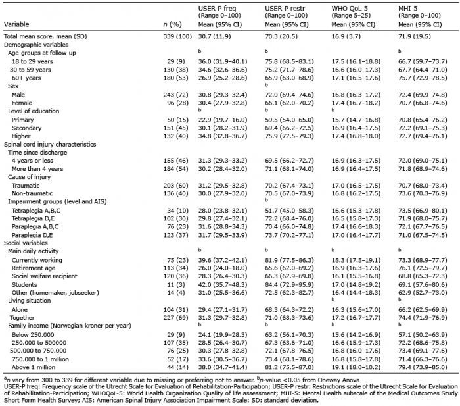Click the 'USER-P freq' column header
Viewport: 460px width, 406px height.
point(217,9)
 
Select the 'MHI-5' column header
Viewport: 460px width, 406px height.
point(409,9)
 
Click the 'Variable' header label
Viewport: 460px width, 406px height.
point(16,24)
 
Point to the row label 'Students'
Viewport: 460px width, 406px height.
point(24,285)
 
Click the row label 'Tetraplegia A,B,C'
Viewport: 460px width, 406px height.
point(35,211)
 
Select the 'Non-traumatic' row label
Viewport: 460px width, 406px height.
point(32,193)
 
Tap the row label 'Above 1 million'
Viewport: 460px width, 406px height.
point(34,367)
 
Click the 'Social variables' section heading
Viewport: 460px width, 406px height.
point(26,243)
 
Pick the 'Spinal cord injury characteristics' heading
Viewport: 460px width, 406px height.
point(50,145)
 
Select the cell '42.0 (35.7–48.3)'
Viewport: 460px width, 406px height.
point(223,285)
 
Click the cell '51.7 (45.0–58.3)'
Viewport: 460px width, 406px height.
point(289,211)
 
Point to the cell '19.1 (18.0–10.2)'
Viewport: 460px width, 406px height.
point(356,367)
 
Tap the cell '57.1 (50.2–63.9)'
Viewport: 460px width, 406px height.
point(423,335)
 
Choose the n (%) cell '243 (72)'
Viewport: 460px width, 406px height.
point(176,95)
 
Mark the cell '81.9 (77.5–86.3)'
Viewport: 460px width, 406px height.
point(289,261)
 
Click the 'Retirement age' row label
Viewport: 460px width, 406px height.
point(34,268)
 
